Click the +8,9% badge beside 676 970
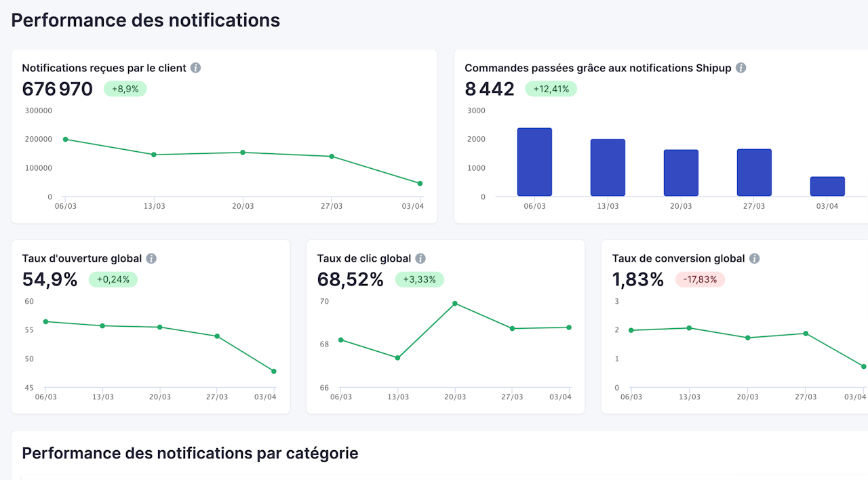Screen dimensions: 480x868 [x=125, y=89]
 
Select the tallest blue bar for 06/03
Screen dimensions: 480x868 [x=534, y=162]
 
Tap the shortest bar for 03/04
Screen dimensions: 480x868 [x=827, y=186]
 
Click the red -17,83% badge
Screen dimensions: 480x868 [x=700, y=279]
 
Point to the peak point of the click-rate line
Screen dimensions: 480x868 [x=455, y=303]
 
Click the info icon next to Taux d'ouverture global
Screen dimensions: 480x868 [x=151, y=258]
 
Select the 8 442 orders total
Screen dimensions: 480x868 [x=490, y=89]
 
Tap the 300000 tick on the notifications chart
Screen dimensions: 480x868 [x=38, y=111]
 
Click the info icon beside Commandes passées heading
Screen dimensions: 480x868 [x=741, y=68]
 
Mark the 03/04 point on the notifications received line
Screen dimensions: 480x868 [x=420, y=184]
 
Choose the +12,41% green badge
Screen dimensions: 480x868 [x=551, y=89]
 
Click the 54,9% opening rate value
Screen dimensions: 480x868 [x=50, y=279]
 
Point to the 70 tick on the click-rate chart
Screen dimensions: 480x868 [x=324, y=301]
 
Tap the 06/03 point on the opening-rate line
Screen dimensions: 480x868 [x=45, y=321]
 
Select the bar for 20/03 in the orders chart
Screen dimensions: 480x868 [x=681, y=173]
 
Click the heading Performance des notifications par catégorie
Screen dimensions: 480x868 [x=190, y=453]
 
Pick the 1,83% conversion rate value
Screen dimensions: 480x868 [x=637, y=279]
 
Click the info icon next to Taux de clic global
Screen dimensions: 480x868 [x=420, y=258]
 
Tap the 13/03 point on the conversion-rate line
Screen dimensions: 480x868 [x=689, y=328]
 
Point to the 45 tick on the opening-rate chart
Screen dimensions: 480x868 [x=29, y=388]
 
